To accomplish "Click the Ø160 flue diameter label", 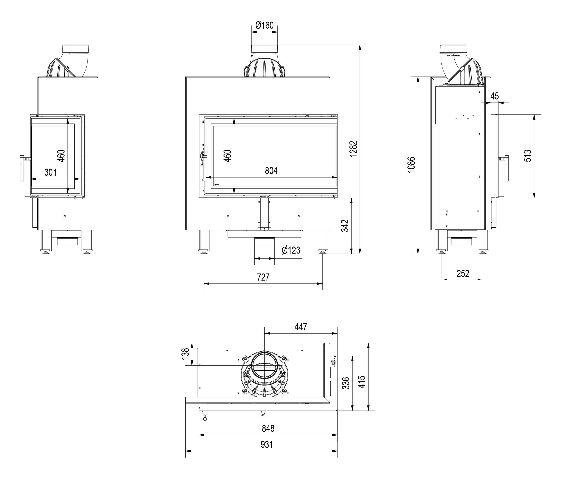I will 264,25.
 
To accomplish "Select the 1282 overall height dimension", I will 353,149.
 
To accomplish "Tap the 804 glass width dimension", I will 271,171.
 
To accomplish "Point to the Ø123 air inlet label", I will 291,250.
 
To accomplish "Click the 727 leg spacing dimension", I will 263,277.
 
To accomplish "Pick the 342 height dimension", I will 345,226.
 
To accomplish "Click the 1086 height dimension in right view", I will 411,164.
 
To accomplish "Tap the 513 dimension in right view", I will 527,156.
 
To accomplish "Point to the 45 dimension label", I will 494,96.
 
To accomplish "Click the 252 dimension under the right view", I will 463,274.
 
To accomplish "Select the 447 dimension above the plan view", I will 300,327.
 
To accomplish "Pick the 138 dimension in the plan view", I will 185,354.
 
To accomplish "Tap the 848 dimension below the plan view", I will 268,428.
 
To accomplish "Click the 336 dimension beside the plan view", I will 346,383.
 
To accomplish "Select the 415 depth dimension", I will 362,382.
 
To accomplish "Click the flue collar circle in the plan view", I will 264,365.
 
